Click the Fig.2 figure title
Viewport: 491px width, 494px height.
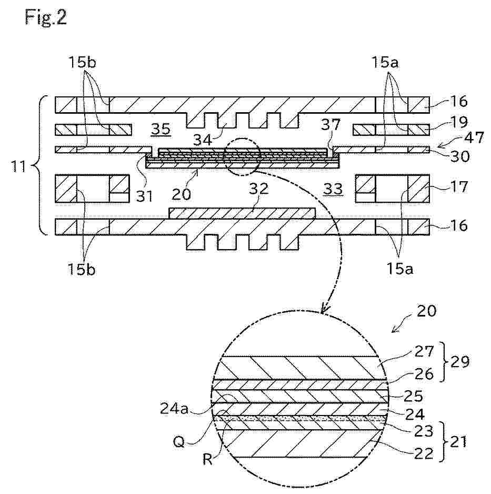click(46, 17)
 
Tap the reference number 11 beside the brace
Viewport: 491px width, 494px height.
click(18, 166)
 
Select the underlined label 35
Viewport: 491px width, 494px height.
click(161, 129)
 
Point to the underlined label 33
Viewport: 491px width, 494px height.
click(333, 189)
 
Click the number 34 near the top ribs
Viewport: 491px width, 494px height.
click(203, 140)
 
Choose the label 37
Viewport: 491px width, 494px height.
click(330, 125)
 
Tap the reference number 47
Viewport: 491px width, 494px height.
click(474, 137)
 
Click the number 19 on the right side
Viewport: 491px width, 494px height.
click(459, 122)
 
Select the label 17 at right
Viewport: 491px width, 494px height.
click(459, 187)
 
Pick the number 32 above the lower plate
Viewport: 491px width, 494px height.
click(259, 189)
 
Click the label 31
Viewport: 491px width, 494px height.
click(145, 196)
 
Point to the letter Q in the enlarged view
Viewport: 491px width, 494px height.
click(179, 442)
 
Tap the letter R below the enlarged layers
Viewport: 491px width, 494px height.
click(207, 460)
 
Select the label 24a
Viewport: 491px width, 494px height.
click(174, 409)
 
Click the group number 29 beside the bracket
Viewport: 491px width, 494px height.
click(459, 362)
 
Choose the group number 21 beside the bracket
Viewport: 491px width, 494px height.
click(458, 442)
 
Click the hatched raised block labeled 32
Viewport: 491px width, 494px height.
click(242, 213)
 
